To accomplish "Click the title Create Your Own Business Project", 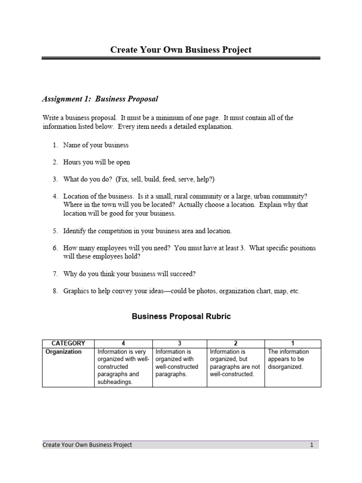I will pos(181,50).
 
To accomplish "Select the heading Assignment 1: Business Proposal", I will pos(100,99).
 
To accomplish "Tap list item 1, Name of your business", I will pos(96,145).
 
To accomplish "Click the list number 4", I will pos(55,196).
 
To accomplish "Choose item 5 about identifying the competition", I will pos(147,231).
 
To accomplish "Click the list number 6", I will pos(55,248).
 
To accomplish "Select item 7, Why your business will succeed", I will pos(129,274).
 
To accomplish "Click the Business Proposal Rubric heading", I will pos(181,317).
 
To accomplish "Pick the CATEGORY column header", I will pos(68,343).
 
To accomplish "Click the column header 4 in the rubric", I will pos(123,343).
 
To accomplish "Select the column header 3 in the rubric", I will pos(180,343).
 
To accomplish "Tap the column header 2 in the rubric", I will pos(236,343).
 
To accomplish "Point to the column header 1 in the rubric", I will pos(293,343).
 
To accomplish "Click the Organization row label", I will pos(63,351).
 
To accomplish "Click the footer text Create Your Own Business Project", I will pos(87,445).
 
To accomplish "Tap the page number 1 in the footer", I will pos(312,445).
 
